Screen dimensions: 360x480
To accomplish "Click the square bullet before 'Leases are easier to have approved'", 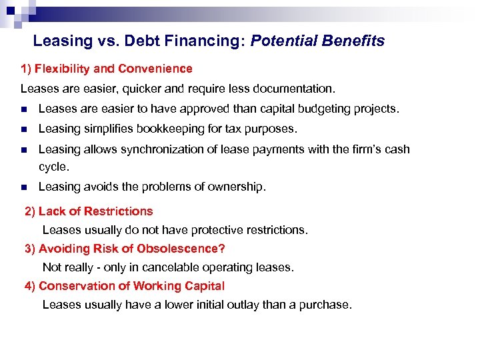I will tap(23, 109).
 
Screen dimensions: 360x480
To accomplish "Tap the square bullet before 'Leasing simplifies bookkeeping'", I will tap(23, 129).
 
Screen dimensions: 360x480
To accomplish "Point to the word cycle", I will tap(53, 166).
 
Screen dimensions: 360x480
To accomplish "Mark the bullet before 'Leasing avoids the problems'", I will tap(23, 187).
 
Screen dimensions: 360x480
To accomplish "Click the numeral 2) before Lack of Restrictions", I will tap(30, 211).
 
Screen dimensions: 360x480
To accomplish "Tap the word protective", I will tap(217, 230).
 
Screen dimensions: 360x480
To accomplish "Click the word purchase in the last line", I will tap(327, 305).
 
